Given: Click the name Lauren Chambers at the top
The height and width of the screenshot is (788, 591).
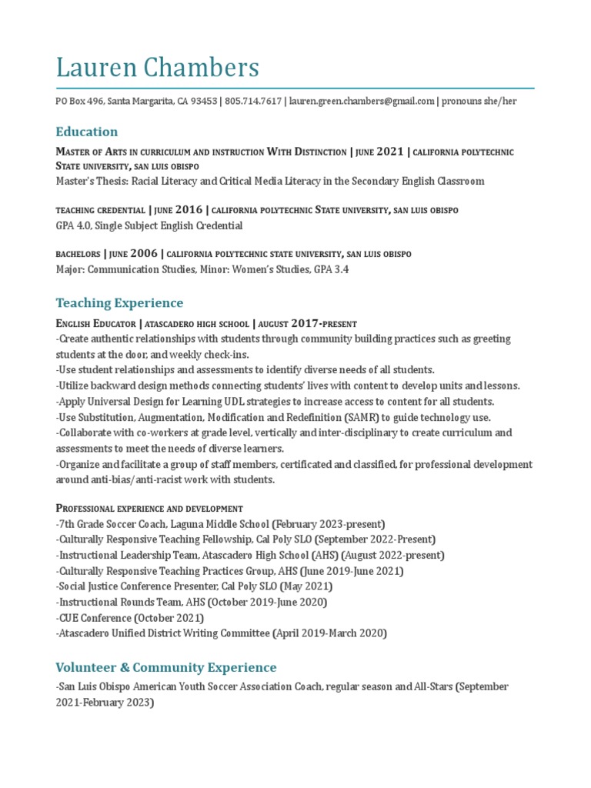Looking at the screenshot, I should point(157,68).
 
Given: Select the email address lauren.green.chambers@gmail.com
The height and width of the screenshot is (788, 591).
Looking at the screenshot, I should point(362,102).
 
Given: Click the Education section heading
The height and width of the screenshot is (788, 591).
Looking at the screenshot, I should point(87,132).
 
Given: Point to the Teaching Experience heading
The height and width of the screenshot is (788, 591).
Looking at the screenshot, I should point(119,302).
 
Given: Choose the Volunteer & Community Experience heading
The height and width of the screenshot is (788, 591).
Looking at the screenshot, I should point(165,667).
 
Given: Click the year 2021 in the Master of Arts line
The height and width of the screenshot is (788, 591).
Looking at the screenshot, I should point(389,152).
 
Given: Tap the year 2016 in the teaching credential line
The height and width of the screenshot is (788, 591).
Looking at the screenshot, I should point(189,209).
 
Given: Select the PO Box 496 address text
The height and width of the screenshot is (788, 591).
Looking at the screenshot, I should point(79,102).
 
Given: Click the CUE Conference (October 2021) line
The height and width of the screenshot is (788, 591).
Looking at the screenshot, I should point(129,617).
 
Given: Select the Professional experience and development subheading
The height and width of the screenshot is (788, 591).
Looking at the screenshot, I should point(149,508).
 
